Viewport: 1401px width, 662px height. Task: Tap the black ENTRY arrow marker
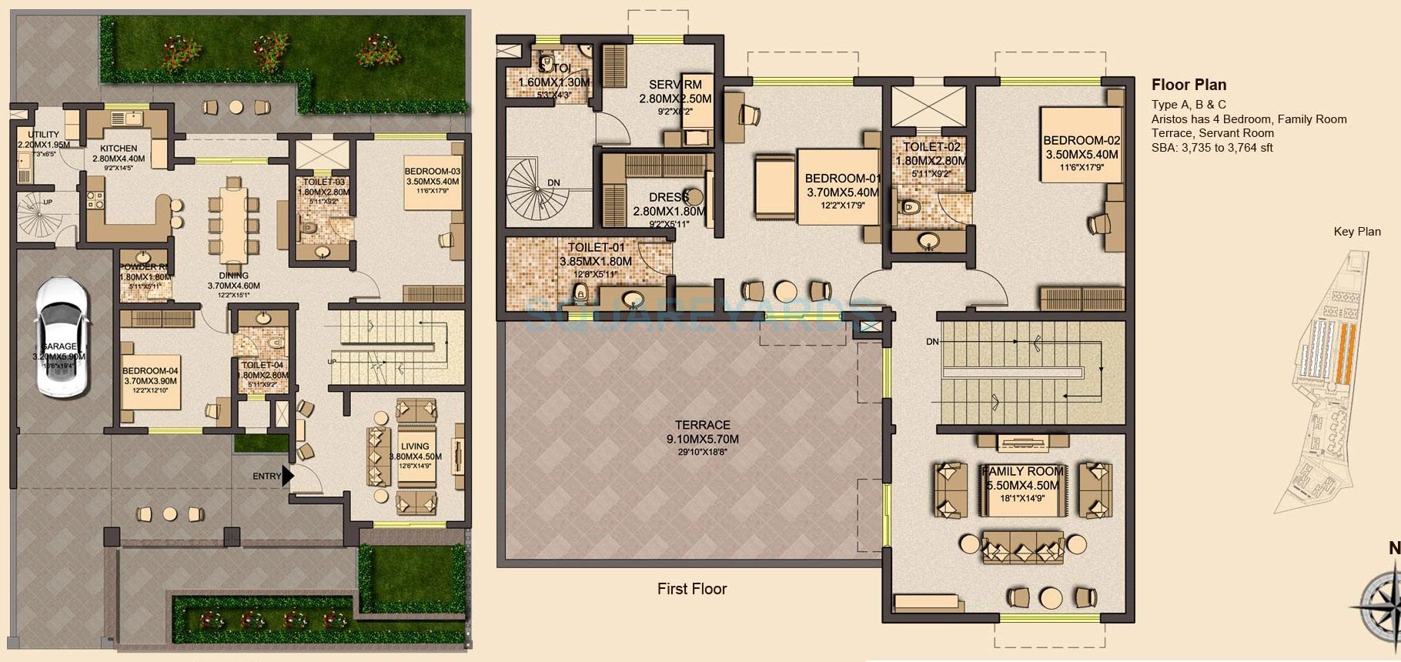point(288,476)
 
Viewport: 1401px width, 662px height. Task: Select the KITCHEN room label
point(119,149)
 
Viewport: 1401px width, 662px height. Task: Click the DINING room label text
point(233,276)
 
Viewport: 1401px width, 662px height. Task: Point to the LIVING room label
point(415,446)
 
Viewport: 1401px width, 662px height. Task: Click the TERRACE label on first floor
point(702,425)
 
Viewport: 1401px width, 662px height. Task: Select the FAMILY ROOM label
point(1022,471)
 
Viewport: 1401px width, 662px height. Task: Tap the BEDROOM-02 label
point(1081,141)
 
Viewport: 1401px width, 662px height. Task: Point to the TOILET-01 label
point(596,248)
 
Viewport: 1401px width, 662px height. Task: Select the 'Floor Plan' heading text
point(1189,85)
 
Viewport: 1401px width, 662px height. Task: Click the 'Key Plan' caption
point(1356,232)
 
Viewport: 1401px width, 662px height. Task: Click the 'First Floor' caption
point(691,589)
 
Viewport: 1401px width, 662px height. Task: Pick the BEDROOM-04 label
point(150,370)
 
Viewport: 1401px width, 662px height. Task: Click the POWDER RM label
point(144,267)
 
